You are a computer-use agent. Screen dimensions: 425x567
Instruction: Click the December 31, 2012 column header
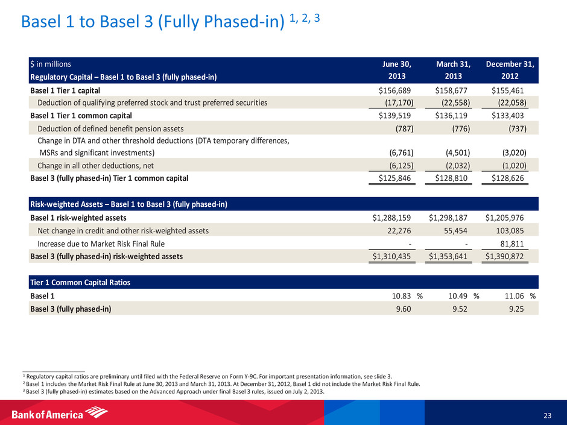click(x=511, y=70)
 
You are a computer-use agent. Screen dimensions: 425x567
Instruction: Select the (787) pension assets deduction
click(x=402, y=128)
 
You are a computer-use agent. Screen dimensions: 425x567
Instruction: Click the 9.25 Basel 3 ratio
click(x=516, y=309)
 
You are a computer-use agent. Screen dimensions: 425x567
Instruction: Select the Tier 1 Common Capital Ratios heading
click(x=80, y=283)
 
